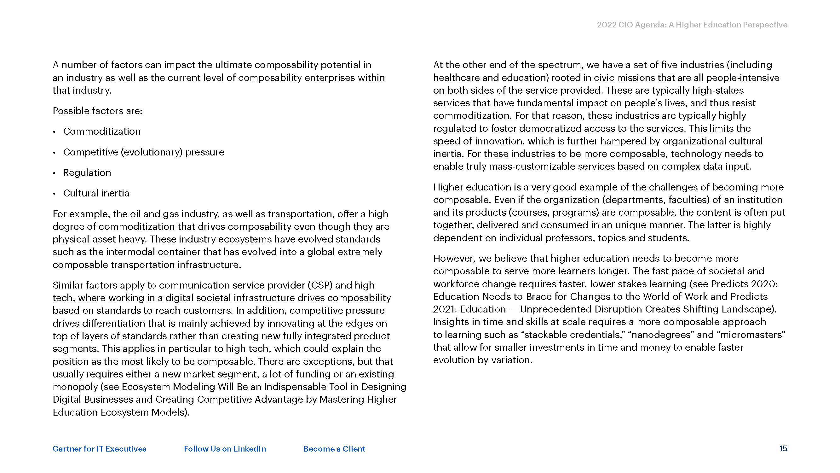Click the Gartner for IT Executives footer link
click(x=100, y=449)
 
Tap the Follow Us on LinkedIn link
click(x=225, y=449)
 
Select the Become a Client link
click(x=334, y=449)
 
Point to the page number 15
click(x=783, y=448)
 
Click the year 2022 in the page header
click(x=606, y=25)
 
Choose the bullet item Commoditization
click(x=102, y=131)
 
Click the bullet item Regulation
click(x=87, y=172)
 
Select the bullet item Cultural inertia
click(x=96, y=193)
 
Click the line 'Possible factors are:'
click(x=97, y=111)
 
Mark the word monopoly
click(x=75, y=387)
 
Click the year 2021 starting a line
click(x=444, y=309)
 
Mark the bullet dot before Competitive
click(x=55, y=152)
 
